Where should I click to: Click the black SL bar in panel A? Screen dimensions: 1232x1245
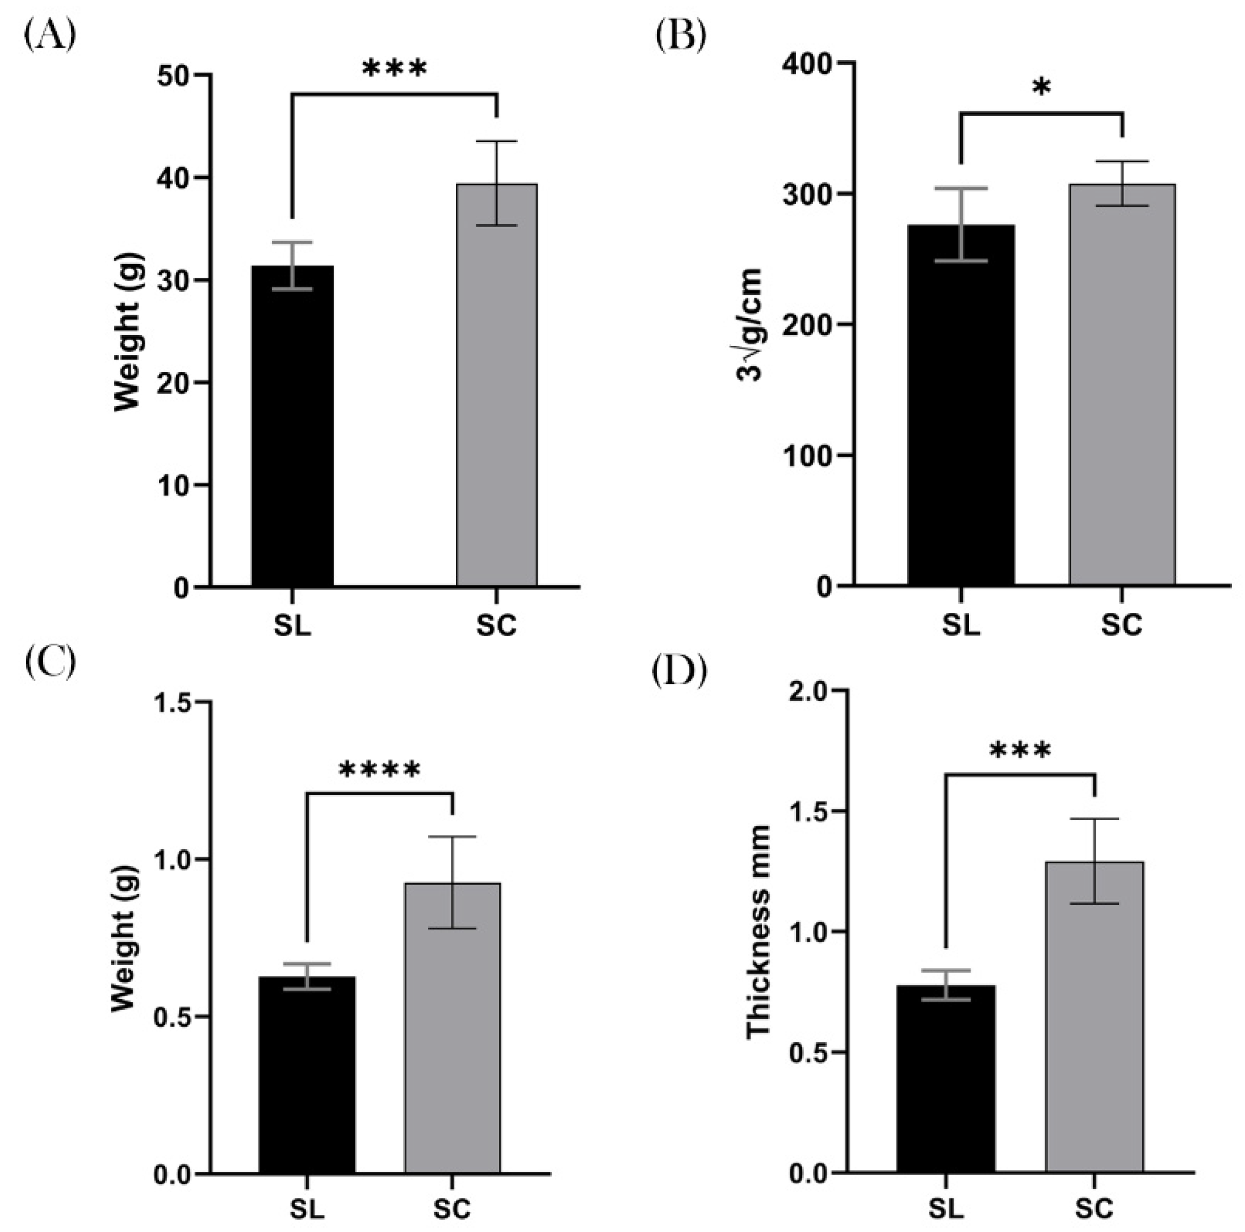coord(292,425)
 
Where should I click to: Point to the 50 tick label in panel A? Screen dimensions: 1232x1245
coord(173,76)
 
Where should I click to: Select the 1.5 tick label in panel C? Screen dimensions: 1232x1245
coord(173,702)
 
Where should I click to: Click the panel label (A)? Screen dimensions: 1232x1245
coord(49,35)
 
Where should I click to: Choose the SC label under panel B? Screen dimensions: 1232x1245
coord(1121,625)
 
